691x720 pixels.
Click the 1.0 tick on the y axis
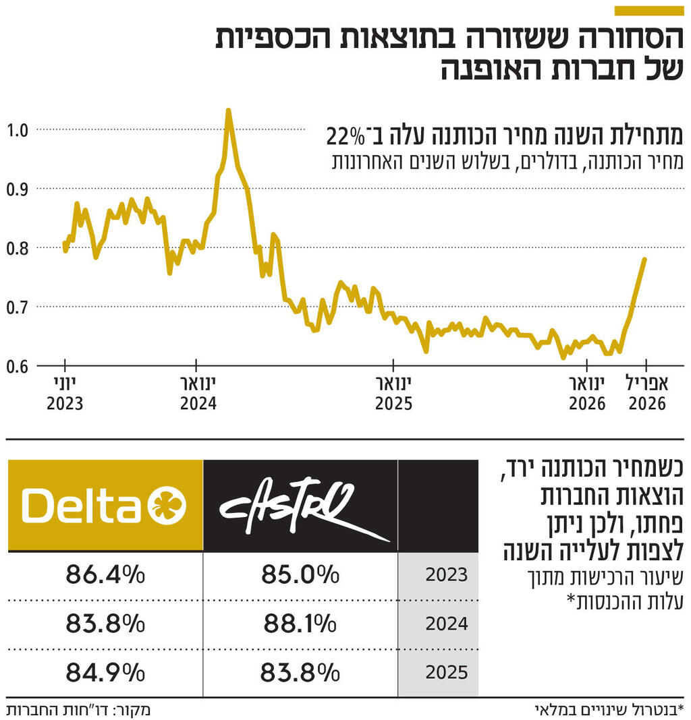[x=18, y=129]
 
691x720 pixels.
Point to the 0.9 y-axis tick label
[x=18, y=188]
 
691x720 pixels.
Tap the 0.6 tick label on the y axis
[x=18, y=366]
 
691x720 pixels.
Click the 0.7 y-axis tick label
[x=18, y=307]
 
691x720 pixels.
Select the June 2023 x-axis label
[x=65, y=394]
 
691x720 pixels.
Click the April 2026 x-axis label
[x=647, y=394]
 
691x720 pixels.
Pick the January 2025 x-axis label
[x=393, y=394]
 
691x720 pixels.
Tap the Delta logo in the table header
[x=105, y=506]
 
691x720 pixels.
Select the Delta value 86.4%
[x=105, y=575]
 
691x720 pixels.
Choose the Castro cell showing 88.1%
[x=300, y=624]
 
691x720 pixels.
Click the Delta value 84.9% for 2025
[x=105, y=672]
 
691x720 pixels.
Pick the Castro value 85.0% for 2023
[x=300, y=575]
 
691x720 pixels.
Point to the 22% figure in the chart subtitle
[x=344, y=136]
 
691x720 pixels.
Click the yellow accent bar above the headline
[x=649, y=11]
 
